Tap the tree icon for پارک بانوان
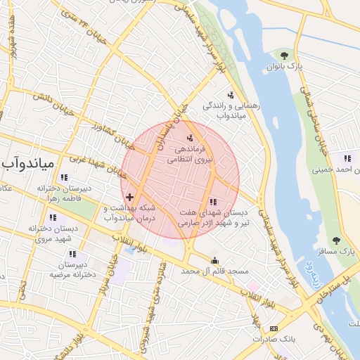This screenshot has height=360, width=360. [x=284, y=54]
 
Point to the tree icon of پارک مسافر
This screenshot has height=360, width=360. [x=336, y=240]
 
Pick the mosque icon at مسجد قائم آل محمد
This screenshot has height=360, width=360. [x=215, y=260]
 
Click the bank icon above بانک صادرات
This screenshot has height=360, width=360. [x=274, y=328]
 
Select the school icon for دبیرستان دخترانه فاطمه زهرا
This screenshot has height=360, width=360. [x=65, y=177]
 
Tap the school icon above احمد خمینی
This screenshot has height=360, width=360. [x=347, y=157]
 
